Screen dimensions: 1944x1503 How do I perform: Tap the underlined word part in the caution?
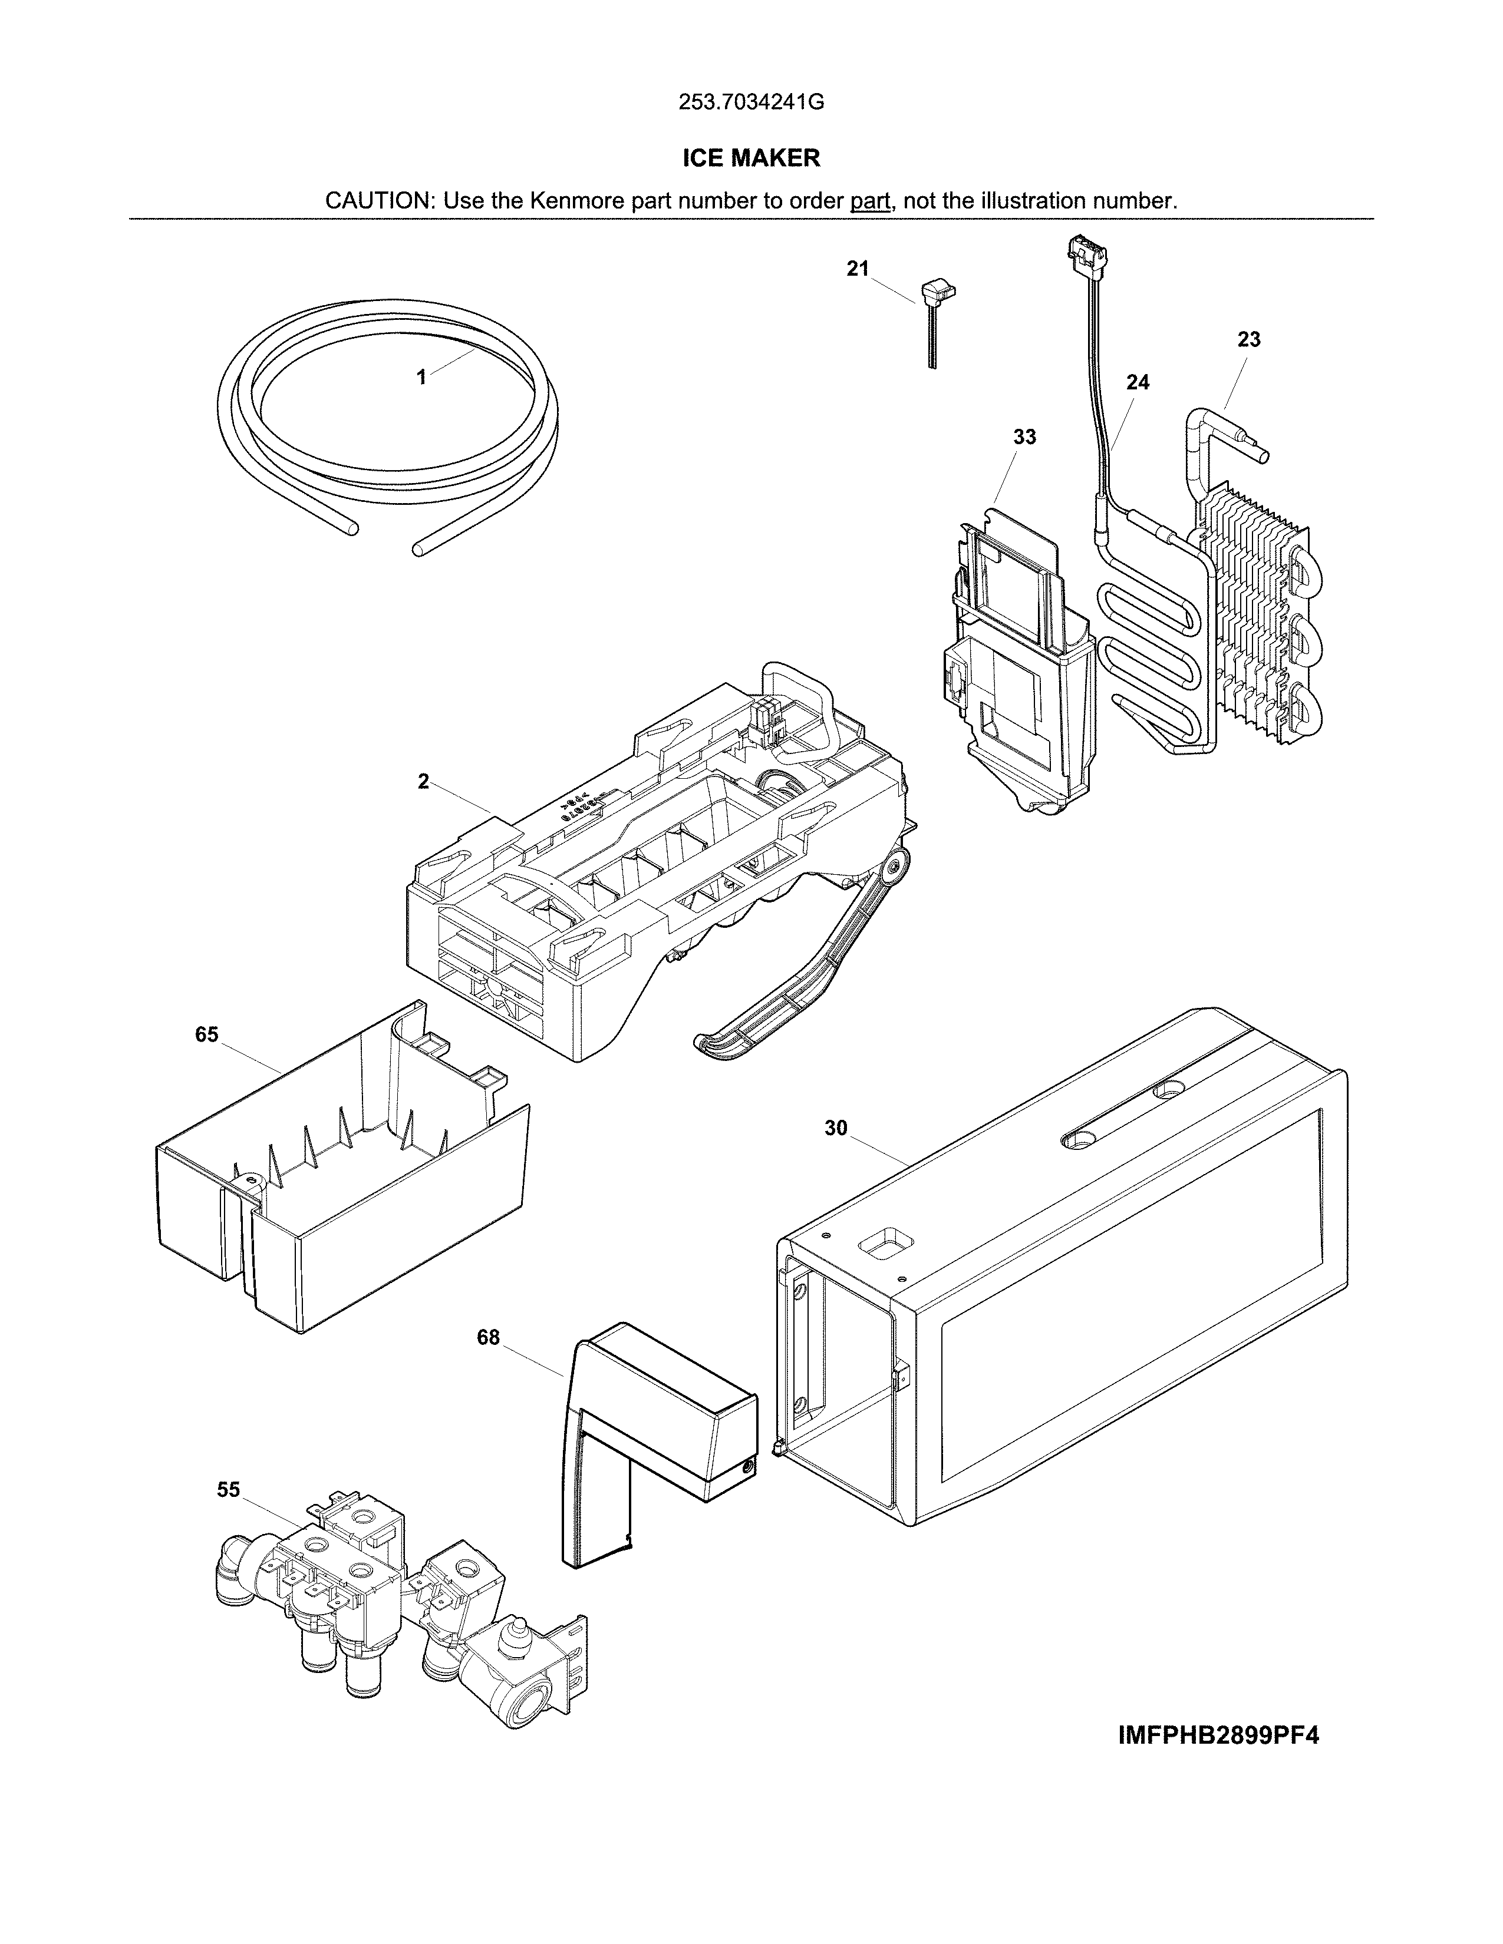[x=870, y=201]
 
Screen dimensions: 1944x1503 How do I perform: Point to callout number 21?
[x=858, y=269]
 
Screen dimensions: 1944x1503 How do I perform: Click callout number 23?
[x=1248, y=339]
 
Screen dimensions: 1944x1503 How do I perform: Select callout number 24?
[x=1137, y=383]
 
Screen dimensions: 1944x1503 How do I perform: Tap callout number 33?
[x=1025, y=437]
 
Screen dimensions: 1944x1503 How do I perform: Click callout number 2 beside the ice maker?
[x=423, y=782]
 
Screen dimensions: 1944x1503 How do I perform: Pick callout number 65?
[x=206, y=1034]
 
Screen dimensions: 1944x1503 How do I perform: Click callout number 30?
[x=835, y=1129]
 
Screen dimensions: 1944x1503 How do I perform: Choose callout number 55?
[x=228, y=1490]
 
